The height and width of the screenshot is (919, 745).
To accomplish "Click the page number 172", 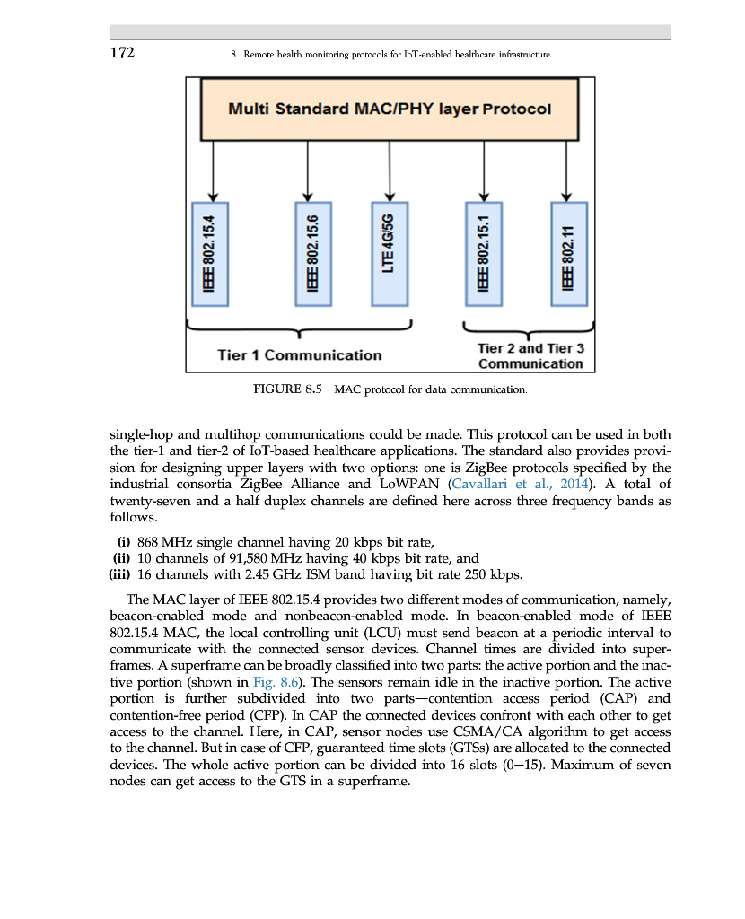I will coord(122,53).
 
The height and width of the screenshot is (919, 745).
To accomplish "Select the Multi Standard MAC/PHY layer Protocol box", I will coord(390,109).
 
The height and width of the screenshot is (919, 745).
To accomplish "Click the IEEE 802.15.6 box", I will coord(312,253).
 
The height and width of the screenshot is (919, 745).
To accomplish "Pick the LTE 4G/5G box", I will coord(390,253).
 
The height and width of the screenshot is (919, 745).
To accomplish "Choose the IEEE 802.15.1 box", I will coord(483,253).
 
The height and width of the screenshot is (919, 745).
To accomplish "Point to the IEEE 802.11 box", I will coord(567,253).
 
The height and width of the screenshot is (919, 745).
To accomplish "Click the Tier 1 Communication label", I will coord(299,354).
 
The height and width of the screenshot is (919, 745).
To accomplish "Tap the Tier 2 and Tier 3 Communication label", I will coord(530,355).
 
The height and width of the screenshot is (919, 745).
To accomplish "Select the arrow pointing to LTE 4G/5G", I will coord(390,171).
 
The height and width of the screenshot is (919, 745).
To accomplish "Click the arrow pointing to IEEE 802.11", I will coord(567,171).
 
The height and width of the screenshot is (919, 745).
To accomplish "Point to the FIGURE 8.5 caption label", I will coord(288,389).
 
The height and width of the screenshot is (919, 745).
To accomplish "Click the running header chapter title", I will coord(390,55).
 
